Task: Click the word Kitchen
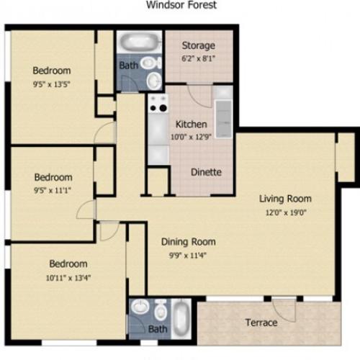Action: point(191,124)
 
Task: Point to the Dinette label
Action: point(205,172)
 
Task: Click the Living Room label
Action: point(286,198)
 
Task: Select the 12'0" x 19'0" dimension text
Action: point(286,212)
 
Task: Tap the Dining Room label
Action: point(188,241)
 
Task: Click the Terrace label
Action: point(261,322)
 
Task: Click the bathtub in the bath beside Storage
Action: point(140,42)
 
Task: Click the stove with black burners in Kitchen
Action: point(156,107)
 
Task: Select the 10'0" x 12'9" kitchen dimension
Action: point(191,137)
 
